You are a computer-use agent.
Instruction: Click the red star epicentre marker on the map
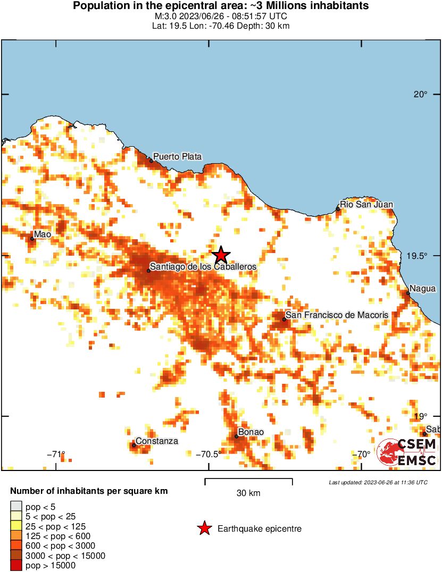click(x=220, y=255)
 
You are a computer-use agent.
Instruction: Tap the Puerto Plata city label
click(x=177, y=156)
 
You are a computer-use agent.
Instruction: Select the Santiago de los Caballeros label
click(x=203, y=266)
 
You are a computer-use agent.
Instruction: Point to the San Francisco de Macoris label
click(x=337, y=315)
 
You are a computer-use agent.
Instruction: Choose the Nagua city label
click(x=423, y=289)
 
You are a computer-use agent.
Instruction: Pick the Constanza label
click(x=156, y=441)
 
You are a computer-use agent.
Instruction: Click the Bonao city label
click(x=251, y=432)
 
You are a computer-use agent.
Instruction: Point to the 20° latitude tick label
click(x=421, y=95)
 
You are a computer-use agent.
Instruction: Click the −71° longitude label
click(x=56, y=454)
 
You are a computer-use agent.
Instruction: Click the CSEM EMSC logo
click(x=407, y=452)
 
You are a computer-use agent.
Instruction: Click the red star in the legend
click(x=204, y=528)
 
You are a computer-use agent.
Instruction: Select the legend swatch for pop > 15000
click(x=16, y=566)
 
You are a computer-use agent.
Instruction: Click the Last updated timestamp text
click(x=378, y=482)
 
